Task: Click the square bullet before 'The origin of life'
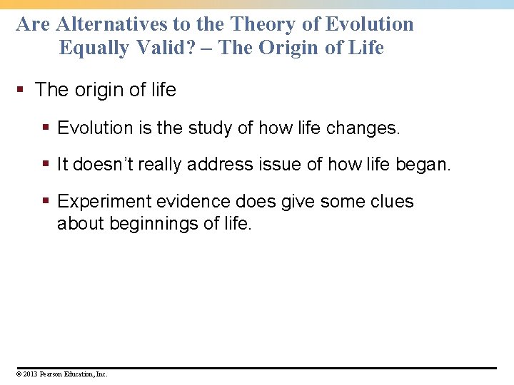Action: [x=22, y=91]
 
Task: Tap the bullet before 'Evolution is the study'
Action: [x=46, y=128]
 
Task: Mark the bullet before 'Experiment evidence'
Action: [x=46, y=202]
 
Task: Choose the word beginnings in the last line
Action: [x=154, y=223]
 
